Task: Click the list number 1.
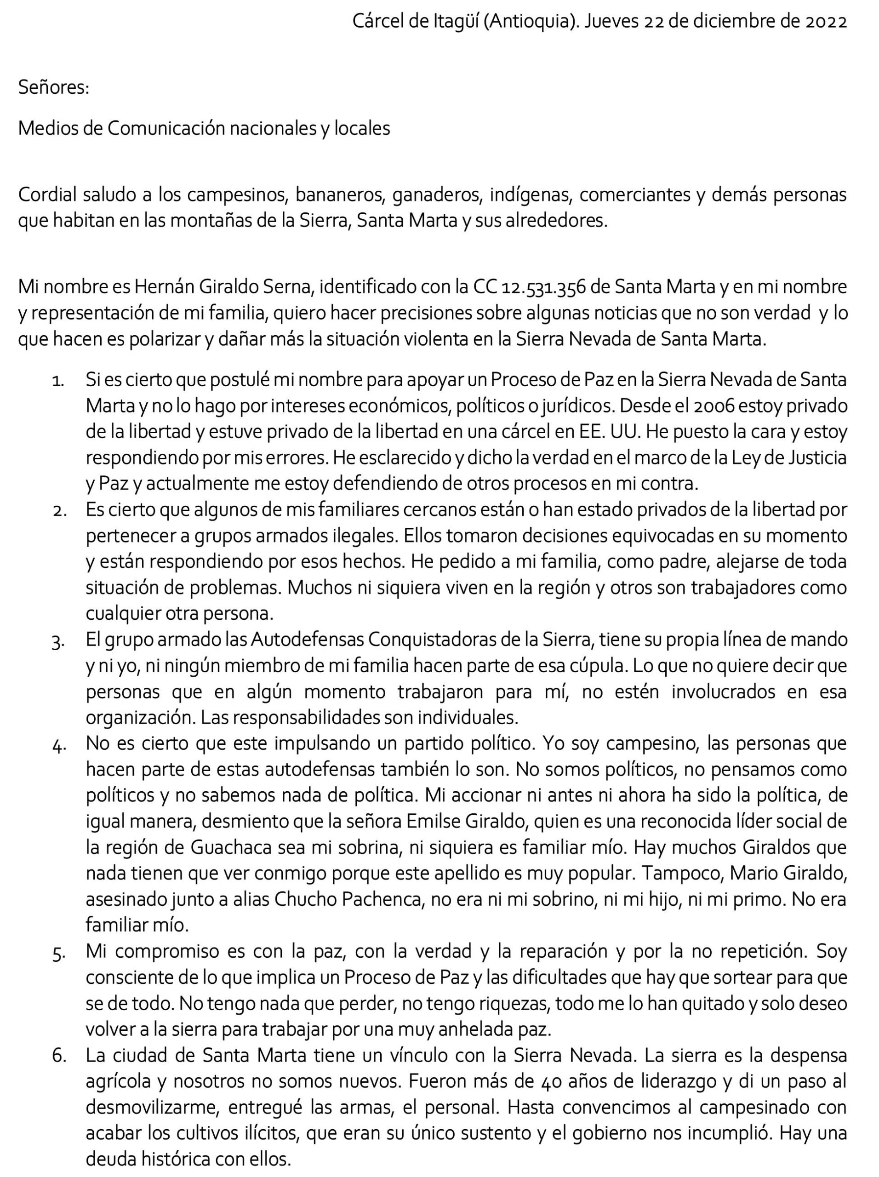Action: point(58,381)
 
